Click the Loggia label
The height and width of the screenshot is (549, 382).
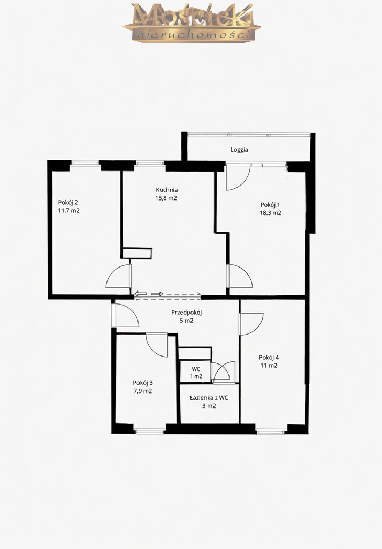pyautogui.click(x=239, y=150)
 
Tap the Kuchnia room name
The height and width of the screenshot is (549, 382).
pyautogui.click(x=167, y=190)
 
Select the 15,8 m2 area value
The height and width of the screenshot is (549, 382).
pyautogui.click(x=166, y=198)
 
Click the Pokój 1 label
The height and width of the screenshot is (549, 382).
pyautogui.click(x=270, y=205)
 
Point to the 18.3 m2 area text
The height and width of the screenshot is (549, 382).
pyautogui.click(x=271, y=213)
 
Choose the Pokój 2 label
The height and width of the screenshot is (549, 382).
pyautogui.click(x=68, y=202)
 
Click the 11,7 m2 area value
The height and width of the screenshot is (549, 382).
pyautogui.click(x=69, y=210)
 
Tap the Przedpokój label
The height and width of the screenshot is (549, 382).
pyautogui.click(x=187, y=313)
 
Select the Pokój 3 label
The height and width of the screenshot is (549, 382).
pyautogui.click(x=143, y=383)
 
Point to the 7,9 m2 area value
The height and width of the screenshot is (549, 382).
pyautogui.click(x=143, y=391)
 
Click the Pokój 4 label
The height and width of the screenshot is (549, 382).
pyautogui.click(x=269, y=358)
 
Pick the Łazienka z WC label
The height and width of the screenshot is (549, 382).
pyautogui.click(x=209, y=398)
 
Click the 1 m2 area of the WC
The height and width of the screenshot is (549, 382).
pyautogui.click(x=196, y=376)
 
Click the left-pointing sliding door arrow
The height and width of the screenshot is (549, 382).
pyautogui.click(x=141, y=294)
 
